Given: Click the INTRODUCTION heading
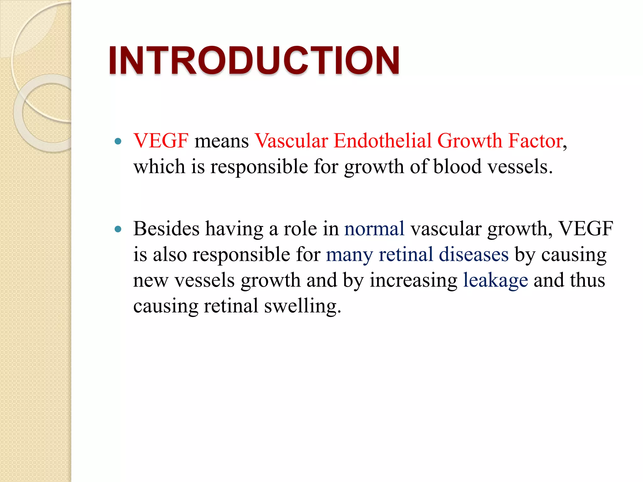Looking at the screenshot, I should point(254,60).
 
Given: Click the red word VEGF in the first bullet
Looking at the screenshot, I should point(161,141).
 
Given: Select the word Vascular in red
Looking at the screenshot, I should point(291,141).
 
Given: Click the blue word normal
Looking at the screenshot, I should point(374,229).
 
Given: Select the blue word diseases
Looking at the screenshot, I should point(473,254).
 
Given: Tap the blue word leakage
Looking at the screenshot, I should point(495,280).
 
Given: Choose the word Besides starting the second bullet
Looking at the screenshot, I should point(166,229).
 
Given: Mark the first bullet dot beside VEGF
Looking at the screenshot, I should point(118,142).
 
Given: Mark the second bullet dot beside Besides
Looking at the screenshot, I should point(118,229).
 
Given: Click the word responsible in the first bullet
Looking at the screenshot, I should point(259,167).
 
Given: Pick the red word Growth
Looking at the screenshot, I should point(470,141).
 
